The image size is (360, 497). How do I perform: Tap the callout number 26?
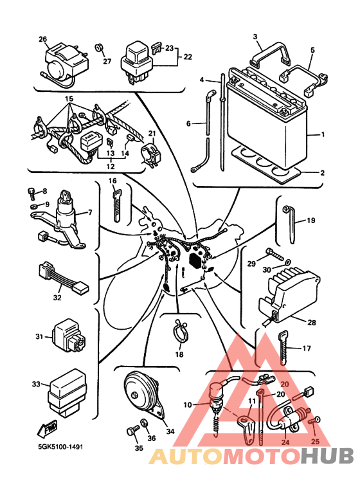[43, 39]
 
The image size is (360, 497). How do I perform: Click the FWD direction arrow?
[48, 428]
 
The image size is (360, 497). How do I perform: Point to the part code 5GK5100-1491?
[60, 447]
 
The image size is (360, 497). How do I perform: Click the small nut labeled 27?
[99, 48]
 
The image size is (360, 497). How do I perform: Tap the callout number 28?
[312, 322]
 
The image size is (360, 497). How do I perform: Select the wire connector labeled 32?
[64, 278]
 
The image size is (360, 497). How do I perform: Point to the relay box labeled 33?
[67, 393]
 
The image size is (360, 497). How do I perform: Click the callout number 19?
[311, 220]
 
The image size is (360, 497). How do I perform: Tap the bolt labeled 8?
[32, 193]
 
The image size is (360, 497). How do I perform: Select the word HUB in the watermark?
[327, 455]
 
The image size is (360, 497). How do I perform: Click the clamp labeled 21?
[150, 154]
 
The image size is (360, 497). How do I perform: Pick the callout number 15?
[69, 98]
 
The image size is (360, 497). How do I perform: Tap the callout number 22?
[188, 57]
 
